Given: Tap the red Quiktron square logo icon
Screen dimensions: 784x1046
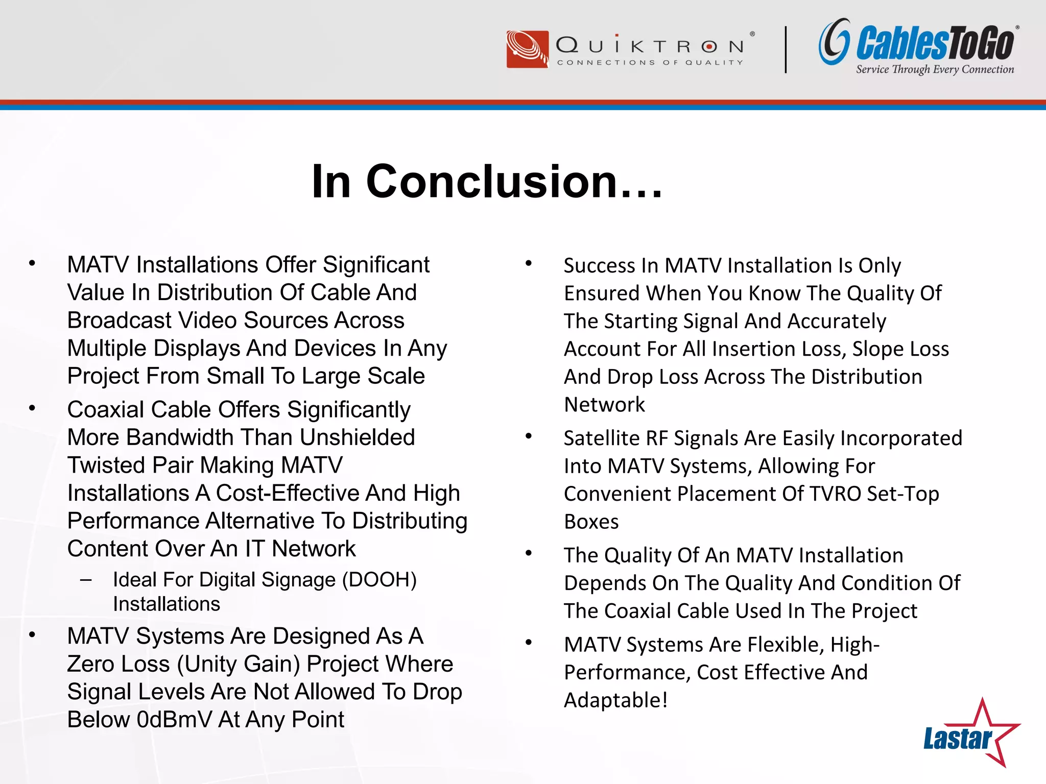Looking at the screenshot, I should (x=527, y=49).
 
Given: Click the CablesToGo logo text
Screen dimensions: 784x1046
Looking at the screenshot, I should (x=935, y=43).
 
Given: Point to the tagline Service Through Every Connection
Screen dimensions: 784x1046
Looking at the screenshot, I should (x=935, y=69).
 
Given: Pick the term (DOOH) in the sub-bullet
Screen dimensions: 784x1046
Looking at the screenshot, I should (x=379, y=580).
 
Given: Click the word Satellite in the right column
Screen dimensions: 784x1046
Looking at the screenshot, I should (x=601, y=438).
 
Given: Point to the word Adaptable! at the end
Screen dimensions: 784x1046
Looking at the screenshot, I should (x=615, y=700).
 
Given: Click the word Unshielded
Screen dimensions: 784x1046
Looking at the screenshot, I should (x=357, y=437).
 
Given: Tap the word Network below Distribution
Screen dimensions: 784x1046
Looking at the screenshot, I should (x=604, y=405).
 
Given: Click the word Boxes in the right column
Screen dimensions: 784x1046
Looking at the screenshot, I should (x=591, y=522).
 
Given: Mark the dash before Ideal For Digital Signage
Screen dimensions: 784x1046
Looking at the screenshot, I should (x=86, y=580).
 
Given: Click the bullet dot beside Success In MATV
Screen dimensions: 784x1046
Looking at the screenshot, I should (x=529, y=264).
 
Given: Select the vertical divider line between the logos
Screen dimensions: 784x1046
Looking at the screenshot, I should (x=786, y=50).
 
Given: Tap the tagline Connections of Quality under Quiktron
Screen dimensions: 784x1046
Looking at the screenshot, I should (x=650, y=62).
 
